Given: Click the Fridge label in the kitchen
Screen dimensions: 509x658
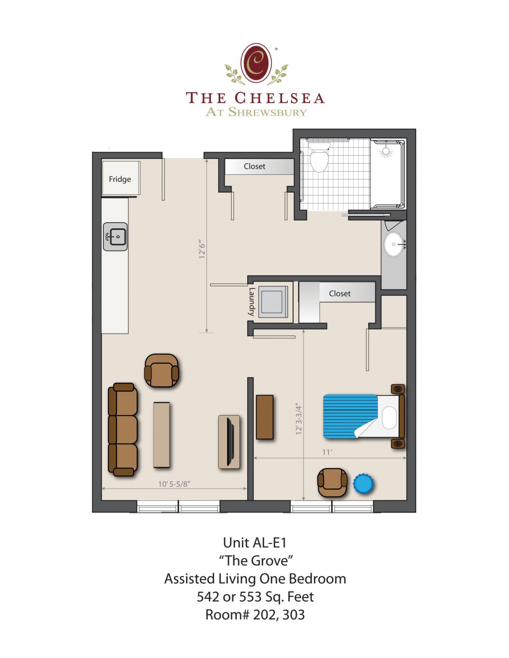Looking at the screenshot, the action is pos(120,179).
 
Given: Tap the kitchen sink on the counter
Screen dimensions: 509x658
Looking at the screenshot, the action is pos(115,237).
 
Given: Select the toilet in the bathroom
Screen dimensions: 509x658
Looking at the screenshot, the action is pos(319,157).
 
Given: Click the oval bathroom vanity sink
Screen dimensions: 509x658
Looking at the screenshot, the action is pos(394,244).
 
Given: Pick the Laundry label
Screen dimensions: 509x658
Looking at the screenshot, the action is pos(252,301).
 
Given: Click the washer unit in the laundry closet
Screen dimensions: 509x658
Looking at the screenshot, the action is pos(273,302).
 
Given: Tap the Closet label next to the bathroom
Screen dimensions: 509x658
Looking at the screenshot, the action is pos(255,166).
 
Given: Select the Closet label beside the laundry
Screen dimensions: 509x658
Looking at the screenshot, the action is pos(339,293).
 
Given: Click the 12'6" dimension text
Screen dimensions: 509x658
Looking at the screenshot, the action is pos(201,249).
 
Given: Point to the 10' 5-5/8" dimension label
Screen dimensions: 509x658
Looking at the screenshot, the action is pos(174,484).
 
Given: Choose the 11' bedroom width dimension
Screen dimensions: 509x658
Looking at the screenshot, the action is pos(327,452).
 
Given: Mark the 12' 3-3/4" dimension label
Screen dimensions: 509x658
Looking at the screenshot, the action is pos(299,419).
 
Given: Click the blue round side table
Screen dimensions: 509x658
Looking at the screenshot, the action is pos(363,484).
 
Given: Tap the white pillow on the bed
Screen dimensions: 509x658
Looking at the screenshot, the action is pos(389,417).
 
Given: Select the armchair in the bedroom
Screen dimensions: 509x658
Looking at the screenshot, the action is pos(332,482).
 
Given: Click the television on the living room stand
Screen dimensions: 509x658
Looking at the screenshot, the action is pos(230,442).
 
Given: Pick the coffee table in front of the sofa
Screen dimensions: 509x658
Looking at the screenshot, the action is pos(161,435).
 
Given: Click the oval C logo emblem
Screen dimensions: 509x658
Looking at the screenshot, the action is pos(256,63).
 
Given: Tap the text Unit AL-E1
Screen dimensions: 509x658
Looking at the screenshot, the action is pos(255,543).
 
